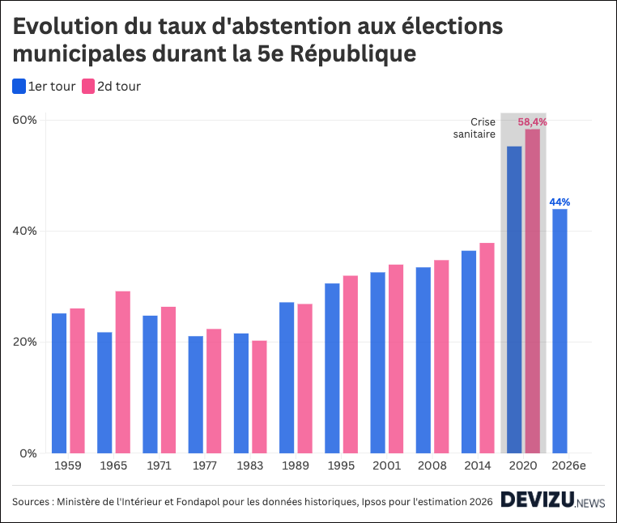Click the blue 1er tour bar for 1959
click(59, 383)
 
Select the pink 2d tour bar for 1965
click(122, 372)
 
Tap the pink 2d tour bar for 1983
click(259, 397)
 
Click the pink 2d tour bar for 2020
click(532, 291)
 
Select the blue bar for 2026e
click(560, 331)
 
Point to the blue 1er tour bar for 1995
click(332, 368)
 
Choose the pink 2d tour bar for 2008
click(441, 356)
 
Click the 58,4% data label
click(532, 121)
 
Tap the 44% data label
click(560, 202)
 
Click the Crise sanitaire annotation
click(475, 128)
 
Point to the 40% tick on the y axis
click(25, 231)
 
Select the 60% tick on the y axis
click(25, 120)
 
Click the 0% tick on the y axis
click(28, 453)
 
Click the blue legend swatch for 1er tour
click(19, 86)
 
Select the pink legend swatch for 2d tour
click(87, 86)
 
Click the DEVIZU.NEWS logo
click(551, 501)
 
